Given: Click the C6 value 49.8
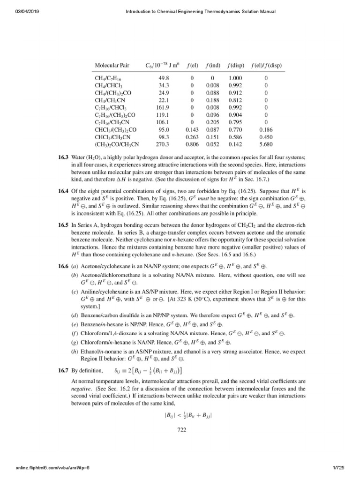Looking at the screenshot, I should pyautogui.click(x=163, y=78).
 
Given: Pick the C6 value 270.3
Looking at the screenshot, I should pyautogui.click(x=162, y=145).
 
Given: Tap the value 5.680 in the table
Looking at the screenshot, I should pyautogui.click(x=266, y=145).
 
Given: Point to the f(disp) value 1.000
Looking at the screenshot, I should pyautogui.click(x=236, y=78).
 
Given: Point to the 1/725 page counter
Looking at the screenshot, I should pyautogui.click(x=345, y=469).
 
